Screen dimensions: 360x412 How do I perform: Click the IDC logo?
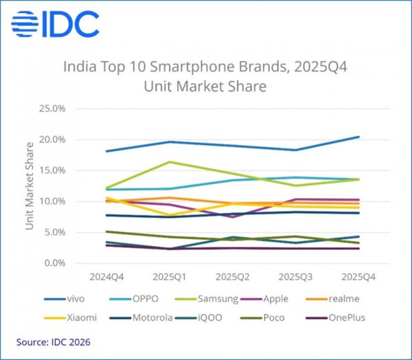coord(55,25)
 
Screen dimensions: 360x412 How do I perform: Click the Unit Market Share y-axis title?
coord(30,185)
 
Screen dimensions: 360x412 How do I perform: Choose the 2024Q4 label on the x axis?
coord(106,277)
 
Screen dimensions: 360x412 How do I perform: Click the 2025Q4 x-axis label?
coord(358,277)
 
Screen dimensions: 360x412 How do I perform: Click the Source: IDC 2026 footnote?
coord(54,341)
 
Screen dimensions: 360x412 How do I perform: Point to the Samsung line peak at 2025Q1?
coord(169,162)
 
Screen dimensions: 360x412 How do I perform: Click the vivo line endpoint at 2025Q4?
coord(358,137)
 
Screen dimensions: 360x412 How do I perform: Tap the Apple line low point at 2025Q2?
coord(232,217)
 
